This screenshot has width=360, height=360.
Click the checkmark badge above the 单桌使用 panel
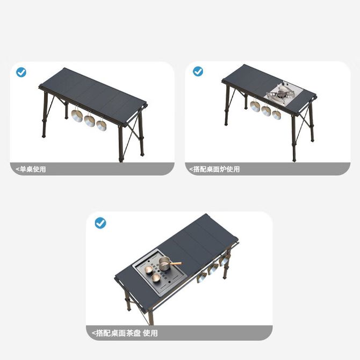pos(21,73)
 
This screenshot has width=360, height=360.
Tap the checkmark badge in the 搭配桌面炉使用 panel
pos(198,71)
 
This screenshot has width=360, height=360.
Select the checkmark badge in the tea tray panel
pos(100,222)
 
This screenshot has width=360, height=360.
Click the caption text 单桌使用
pos(33,169)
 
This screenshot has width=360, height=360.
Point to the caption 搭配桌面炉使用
pos(217,169)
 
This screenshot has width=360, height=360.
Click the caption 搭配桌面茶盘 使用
pos(127,333)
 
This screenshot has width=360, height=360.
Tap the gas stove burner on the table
pos(281,93)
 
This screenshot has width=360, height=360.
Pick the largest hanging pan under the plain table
pos(77,116)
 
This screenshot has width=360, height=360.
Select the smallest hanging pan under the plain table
pos(101,125)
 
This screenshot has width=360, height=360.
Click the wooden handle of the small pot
pos(176,264)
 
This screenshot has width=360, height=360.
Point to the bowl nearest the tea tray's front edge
pos(156,278)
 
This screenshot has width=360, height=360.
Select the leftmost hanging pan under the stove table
pos(255,106)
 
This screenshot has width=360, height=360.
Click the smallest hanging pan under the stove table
pos(276,114)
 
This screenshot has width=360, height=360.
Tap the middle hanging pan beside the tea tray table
pos(213,269)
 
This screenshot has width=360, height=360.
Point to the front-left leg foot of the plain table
pos(44,136)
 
